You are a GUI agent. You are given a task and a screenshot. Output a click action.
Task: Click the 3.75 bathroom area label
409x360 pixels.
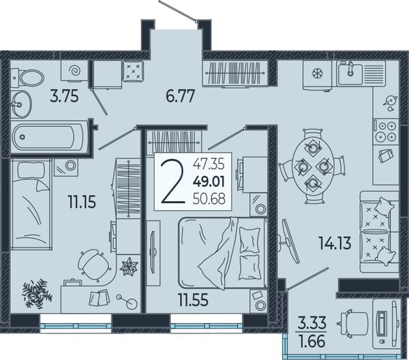[x=64, y=97]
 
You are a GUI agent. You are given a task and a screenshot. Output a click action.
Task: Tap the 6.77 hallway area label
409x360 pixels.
[x=180, y=96]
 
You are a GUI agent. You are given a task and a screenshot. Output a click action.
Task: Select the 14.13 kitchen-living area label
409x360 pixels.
[x=335, y=243]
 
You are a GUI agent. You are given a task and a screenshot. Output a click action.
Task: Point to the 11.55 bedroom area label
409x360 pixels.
[x=194, y=299]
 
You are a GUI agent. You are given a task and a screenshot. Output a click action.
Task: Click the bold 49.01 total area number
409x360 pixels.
[x=209, y=182]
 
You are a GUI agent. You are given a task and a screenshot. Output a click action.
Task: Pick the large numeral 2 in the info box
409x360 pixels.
[x=172, y=182]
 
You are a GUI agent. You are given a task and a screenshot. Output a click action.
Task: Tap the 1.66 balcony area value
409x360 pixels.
[x=312, y=342]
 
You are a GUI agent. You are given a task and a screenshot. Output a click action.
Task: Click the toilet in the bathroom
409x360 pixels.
[x=28, y=78]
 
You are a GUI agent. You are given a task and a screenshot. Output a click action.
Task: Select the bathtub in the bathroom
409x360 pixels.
[x=49, y=136]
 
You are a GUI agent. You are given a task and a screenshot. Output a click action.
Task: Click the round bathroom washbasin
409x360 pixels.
[x=21, y=104]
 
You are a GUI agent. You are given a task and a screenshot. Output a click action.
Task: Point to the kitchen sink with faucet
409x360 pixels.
[x=350, y=73]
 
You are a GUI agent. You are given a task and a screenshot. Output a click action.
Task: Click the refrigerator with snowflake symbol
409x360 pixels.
[x=318, y=75]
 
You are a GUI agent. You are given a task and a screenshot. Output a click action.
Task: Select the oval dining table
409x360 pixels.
[x=312, y=166]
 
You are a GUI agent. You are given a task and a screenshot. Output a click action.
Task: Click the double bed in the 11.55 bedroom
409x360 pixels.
[x=222, y=253]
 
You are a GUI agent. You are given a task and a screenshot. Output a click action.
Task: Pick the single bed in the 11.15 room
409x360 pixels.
[x=31, y=204]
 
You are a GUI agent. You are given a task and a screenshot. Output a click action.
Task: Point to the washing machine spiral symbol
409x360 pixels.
[x=74, y=70]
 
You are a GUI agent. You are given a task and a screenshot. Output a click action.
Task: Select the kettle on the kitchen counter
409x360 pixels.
[x=390, y=102]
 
